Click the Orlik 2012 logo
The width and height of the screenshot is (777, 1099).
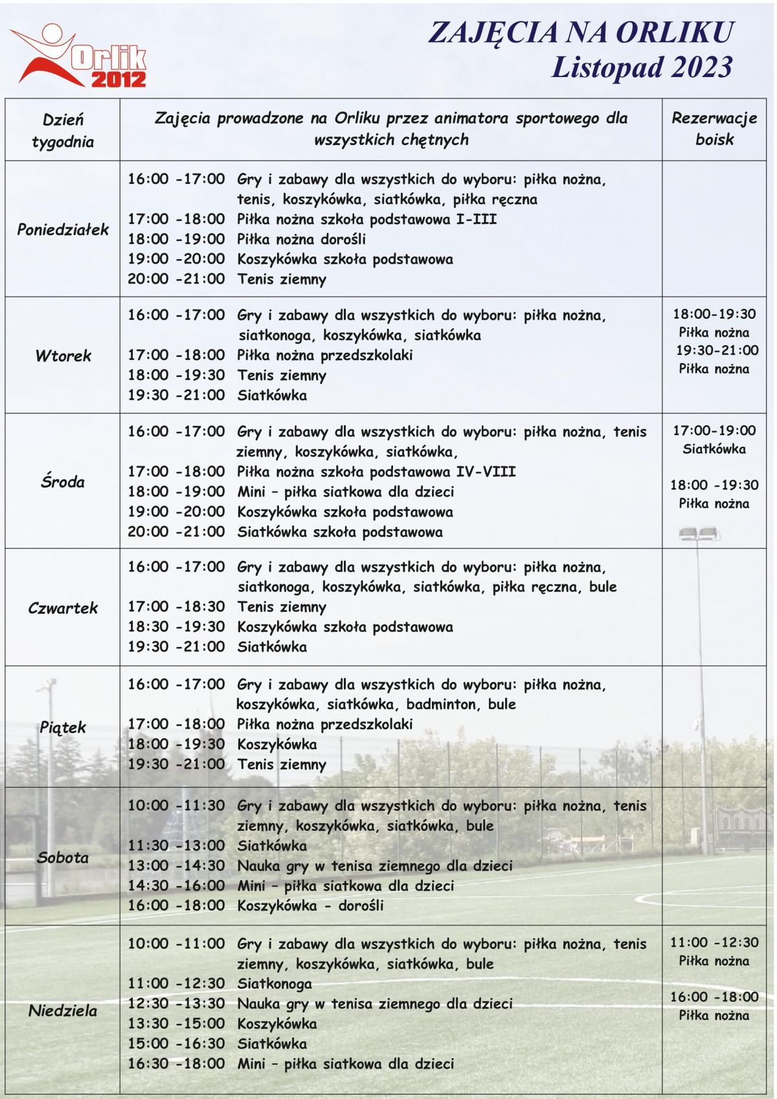[81, 57]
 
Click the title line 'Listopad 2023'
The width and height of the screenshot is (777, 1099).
[642, 67]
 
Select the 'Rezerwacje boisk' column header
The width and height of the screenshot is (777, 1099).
[714, 129]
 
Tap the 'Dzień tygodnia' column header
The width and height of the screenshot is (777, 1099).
[63, 130]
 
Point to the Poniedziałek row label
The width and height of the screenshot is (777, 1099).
[63, 229]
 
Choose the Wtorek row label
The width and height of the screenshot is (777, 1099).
[63, 355]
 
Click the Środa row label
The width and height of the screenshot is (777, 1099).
[63, 481]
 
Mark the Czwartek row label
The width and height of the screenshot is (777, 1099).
[63, 607]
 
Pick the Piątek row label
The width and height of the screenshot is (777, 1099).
[63, 727]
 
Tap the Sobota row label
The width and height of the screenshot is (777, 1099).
[63, 857]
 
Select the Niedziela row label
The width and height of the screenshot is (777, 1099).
[63, 1010]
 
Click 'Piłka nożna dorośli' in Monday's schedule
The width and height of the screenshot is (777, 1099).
[301, 239]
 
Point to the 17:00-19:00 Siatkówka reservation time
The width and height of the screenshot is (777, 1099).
[714, 431]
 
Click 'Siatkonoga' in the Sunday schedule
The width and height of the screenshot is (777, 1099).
[275, 984]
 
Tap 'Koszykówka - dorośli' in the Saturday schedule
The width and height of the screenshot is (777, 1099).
[310, 905]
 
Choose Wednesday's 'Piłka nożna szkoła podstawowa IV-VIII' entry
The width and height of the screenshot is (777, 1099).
[376, 471]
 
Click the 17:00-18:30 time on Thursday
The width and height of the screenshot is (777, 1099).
[176, 607]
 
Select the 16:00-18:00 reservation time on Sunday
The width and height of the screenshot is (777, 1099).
[714, 997]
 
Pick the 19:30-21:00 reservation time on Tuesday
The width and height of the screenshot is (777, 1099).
[717, 350]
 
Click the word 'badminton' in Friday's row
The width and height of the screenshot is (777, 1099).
[442, 704]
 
